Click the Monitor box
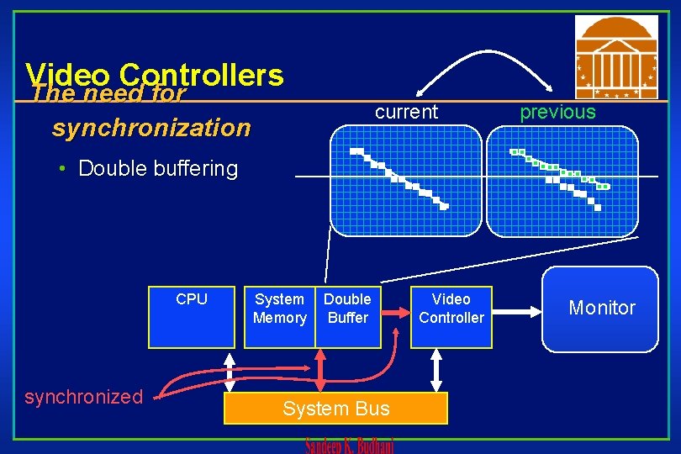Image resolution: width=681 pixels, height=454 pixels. [600, 309]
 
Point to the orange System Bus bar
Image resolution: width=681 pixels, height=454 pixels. [336, 409]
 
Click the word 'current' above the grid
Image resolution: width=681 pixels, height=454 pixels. [406, 112]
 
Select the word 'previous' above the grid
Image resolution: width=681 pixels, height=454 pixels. [557, 112]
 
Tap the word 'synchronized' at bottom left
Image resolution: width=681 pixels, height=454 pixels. [84, 397]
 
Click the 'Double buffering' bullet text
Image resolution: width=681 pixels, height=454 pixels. [157, 168]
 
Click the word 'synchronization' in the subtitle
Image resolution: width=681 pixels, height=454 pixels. [151, 128]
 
